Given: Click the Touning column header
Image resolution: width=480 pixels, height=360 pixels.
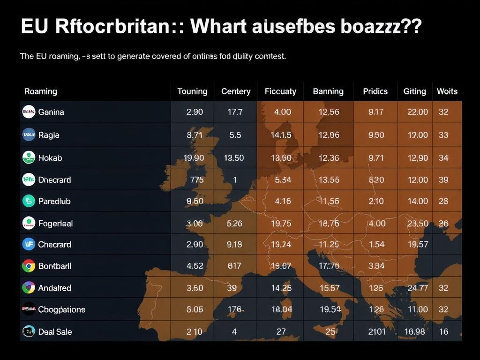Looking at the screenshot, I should pos(192,91).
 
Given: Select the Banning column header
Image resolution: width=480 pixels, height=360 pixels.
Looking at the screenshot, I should pos(328,91).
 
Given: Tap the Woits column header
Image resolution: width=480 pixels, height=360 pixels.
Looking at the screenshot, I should pos(447,91).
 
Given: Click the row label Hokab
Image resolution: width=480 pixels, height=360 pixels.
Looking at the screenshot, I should pos(50,158).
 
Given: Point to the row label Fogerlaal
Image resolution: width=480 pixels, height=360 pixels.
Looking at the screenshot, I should pos(55,224).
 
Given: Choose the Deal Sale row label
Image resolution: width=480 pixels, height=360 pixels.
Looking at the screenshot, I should pos(55,332).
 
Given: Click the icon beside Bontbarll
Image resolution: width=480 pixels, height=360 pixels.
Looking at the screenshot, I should pos(29,266).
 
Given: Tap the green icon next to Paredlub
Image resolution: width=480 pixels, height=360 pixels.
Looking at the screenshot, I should pos(29,201).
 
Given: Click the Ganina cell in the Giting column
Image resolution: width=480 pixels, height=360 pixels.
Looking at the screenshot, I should pos(417,112).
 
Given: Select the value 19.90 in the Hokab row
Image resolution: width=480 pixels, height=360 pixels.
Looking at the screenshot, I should pos(194,158).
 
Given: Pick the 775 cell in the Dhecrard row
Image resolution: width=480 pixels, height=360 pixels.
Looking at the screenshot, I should pos(197,180).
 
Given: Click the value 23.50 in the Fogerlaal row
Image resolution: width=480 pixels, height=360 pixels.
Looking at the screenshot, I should pos(417,224).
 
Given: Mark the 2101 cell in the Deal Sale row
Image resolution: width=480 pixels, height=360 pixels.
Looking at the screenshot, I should pos(377,332).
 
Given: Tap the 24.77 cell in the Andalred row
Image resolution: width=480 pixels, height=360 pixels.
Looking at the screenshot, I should pos(417,288).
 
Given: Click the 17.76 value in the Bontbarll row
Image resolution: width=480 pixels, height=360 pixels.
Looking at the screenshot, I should pos(329,266).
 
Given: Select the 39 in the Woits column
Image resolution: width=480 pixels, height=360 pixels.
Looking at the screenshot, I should pos(443,180).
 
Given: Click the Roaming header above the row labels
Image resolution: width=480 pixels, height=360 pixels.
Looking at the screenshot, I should pos(41,91).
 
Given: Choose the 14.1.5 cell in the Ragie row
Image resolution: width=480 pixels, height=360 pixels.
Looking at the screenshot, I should pos(281,135).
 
